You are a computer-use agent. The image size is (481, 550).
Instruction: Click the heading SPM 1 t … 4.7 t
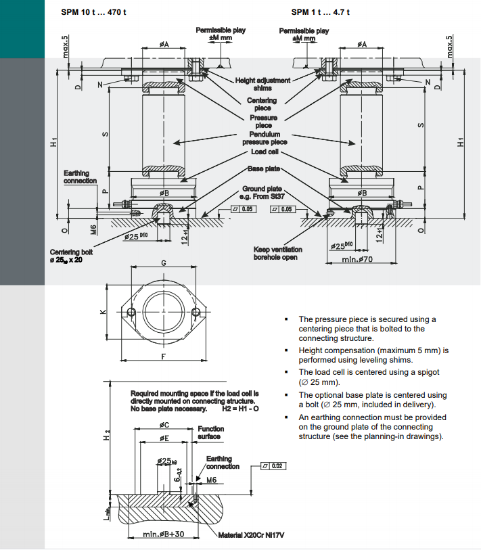(x=322, y=12)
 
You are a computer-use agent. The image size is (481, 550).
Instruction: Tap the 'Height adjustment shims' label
(x=262, y=84)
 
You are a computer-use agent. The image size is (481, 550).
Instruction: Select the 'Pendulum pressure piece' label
(x=265, y=138)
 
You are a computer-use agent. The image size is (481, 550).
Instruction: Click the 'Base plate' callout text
(x=264, y=168)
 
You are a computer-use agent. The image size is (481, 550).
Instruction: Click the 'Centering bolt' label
(x=71, y=256)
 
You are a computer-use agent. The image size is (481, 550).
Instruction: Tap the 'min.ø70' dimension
(x=361, y=260)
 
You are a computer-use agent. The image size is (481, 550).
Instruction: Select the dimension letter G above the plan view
(x=164, y=262)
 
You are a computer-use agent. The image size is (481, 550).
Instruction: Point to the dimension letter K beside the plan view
(x=102, y=312)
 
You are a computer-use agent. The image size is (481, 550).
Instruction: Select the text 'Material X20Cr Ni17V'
(x=251, y=536)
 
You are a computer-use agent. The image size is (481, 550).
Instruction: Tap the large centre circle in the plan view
(x=164, y=311)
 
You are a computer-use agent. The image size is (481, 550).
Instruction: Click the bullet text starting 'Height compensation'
(x=373, y=355)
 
